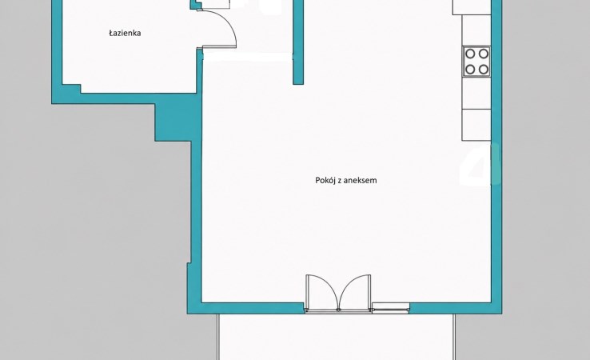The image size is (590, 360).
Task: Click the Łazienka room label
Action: tap(125, 33)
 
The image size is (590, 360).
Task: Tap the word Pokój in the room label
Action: tap(325, 180)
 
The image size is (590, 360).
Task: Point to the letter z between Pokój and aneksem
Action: tap(339, 181)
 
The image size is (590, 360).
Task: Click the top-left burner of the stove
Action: tap(470, 54)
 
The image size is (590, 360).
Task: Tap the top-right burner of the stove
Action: tap(484, 54)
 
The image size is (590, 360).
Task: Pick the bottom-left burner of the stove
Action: tap(470, 70)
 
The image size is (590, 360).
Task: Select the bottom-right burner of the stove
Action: tap(484, 70)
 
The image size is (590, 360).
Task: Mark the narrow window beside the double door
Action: tap(391, 307)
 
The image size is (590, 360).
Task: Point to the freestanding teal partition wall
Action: tap(298, 42)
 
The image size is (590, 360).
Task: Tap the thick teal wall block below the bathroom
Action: tap(175, 122)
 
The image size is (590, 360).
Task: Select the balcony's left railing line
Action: tap(218, 337)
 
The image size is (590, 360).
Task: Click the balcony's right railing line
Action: tap(455, 337)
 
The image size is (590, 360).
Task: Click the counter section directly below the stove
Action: tap(476, 93)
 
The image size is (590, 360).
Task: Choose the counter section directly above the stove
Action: tap(476, 30)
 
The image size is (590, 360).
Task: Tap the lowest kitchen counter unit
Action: tap(476, 125)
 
